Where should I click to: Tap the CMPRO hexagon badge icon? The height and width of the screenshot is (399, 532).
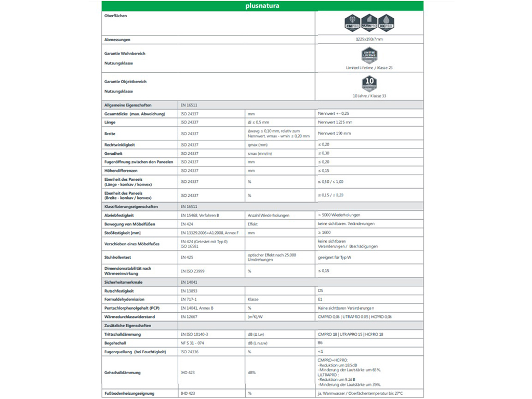352,22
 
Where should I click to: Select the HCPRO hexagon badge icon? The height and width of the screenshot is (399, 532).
386,22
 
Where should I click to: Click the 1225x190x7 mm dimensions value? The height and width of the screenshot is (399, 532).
369,39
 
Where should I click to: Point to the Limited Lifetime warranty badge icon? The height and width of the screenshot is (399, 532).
369,55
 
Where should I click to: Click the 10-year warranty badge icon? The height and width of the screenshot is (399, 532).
369,84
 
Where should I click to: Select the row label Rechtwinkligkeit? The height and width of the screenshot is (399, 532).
119,144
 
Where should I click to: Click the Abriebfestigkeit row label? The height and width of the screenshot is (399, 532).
119,215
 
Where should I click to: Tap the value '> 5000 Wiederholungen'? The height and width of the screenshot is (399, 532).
339,215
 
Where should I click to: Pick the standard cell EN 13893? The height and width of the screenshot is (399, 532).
189,291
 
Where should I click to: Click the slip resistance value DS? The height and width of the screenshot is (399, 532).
320,291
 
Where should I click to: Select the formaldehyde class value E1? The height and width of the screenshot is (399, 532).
320,300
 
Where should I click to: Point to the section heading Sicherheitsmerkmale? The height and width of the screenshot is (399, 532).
124,282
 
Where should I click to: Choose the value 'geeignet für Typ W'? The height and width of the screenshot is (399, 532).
335,257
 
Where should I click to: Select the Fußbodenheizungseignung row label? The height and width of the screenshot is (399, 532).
129,393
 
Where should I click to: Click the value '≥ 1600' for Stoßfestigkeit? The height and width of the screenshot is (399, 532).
324,233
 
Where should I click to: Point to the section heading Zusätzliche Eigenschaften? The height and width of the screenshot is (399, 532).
128,326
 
